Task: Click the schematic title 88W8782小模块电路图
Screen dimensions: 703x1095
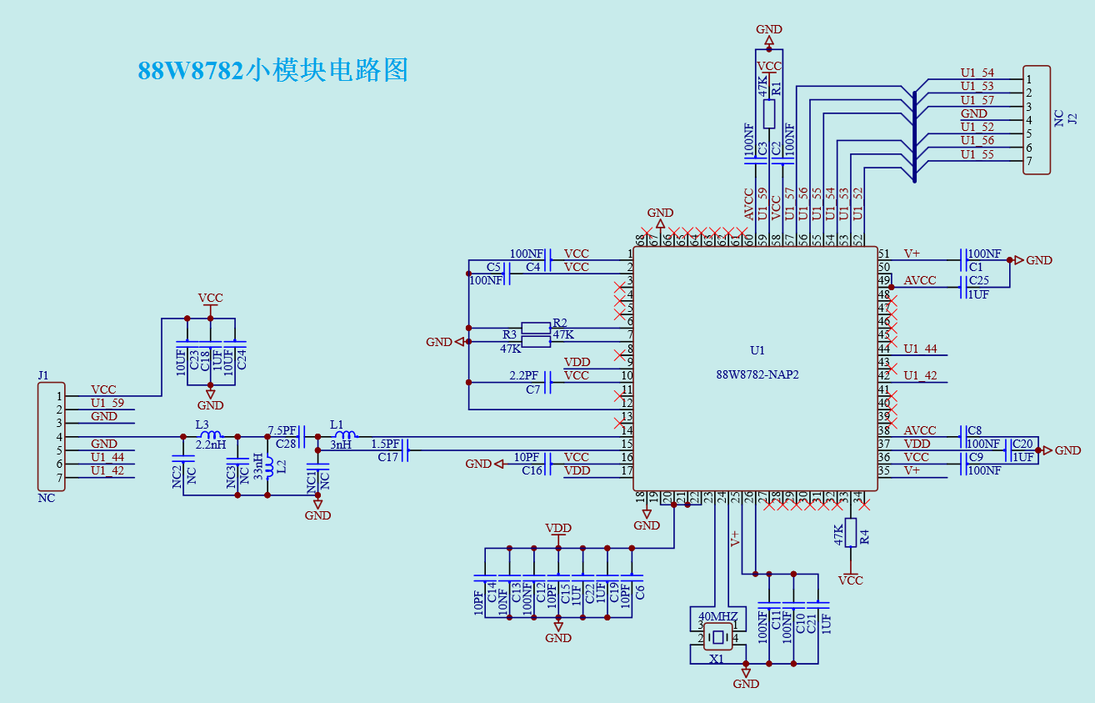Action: [x=272, y=70]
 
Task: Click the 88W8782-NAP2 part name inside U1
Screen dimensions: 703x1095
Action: [x=757, y=374]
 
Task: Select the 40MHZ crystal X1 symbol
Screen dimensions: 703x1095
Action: [x=717, y=639]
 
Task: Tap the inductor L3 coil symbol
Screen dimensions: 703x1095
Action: [x=212, y=434]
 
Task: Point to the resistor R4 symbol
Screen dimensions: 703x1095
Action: [x=850, y=532]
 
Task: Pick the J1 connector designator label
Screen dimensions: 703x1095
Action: [x=43, y=376]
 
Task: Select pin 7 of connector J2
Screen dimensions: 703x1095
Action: [x=1029, y=160]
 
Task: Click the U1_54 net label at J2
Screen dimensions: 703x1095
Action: [x=977, y=73]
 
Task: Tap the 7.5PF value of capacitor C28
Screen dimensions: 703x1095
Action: [x=282, y=430]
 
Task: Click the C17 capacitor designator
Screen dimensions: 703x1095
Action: [x=387, y=457]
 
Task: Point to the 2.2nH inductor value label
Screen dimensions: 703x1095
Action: [x=210, y=445]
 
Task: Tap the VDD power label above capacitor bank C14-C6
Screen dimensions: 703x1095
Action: [x=557, y=528]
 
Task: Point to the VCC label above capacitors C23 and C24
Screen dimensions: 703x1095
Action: [x=210, y=298]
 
